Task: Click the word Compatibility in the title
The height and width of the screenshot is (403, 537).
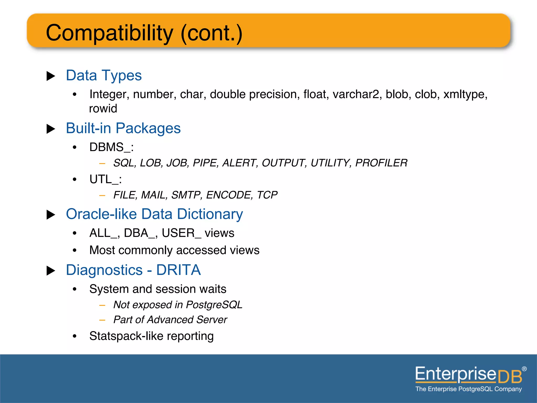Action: [x=109, y=33]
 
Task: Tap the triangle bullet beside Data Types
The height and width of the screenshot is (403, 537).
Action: [x=51, y=76]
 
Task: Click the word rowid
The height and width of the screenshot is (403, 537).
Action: [x=103, y=109]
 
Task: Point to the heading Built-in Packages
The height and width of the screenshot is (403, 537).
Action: [x=123, y=128]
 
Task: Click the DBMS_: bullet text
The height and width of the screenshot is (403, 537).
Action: [x=111, y=147]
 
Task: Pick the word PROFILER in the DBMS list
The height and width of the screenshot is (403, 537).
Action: [x=381, y=163]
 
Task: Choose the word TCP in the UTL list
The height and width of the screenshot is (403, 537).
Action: [x=267, y=195]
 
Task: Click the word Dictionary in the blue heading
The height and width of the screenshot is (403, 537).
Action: [x=210, y=214]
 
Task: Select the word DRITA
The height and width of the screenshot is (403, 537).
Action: [x=178, y=270]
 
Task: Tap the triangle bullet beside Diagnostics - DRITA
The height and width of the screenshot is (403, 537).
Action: [x=51, y=271]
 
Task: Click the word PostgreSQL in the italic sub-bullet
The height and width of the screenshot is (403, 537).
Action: [x=214, y=305]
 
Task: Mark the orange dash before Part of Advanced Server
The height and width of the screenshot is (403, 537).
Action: [x=102, y=320]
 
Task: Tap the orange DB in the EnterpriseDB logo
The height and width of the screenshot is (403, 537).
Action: [x=510, y=377]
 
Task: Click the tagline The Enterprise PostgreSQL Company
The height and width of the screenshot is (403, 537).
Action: [x=469, y=389]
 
